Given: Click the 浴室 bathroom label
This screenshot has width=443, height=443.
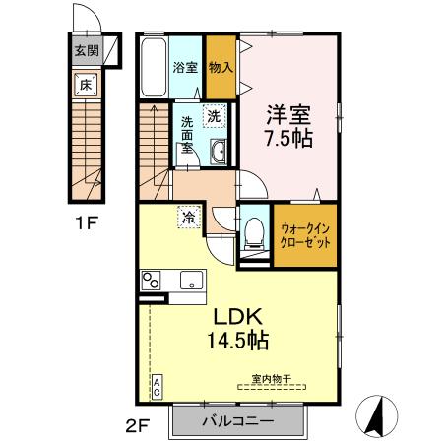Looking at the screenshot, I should (x=184, y=69).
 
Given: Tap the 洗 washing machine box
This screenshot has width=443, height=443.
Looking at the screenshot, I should (x=215, y=116).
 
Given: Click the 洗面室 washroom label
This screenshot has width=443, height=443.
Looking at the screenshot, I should (x=185, y=136).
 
